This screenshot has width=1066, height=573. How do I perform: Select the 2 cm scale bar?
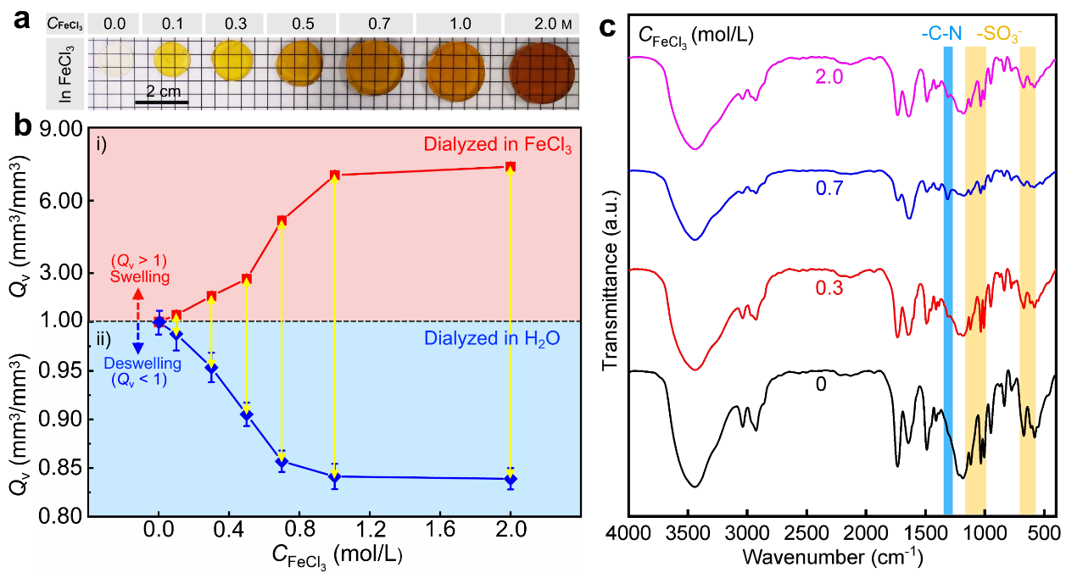tap(161, 101)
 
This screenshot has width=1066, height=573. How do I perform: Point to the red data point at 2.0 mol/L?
tap(510, 167)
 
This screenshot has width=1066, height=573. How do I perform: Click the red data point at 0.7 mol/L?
tap(282, 220)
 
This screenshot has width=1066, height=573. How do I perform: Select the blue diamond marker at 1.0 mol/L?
tap(335, 476)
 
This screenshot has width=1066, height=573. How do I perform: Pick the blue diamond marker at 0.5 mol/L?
tap(246, 415)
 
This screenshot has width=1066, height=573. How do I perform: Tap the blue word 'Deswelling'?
tap(137, 364)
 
